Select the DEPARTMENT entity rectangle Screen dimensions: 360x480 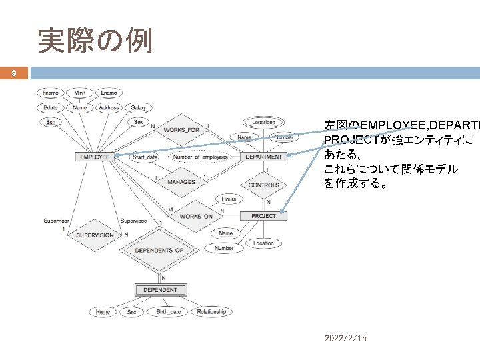(264, 157)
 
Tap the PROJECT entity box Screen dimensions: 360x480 (263, 216)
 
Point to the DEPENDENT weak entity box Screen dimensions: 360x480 (160, 290)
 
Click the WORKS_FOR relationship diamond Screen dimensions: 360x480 (181, 130)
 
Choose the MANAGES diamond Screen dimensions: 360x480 (181, 182)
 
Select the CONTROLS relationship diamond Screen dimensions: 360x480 (263, 185)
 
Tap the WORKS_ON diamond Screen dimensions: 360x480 (196, 217)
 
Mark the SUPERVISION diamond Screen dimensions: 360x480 (94, 235)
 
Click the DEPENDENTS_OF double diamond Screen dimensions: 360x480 (159, 250)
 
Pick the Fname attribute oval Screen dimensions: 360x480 (50, 93)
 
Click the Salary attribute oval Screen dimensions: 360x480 (138, 107)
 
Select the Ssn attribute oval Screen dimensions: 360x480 (50, 122)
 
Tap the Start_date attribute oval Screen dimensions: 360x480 (144, 157)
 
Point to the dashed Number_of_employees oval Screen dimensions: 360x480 (200, 157)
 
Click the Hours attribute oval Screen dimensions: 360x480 (229, 199)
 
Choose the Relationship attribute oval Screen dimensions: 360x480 (211, 311)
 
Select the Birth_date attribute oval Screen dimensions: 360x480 (168, 311)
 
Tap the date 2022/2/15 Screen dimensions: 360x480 (345, 339)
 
